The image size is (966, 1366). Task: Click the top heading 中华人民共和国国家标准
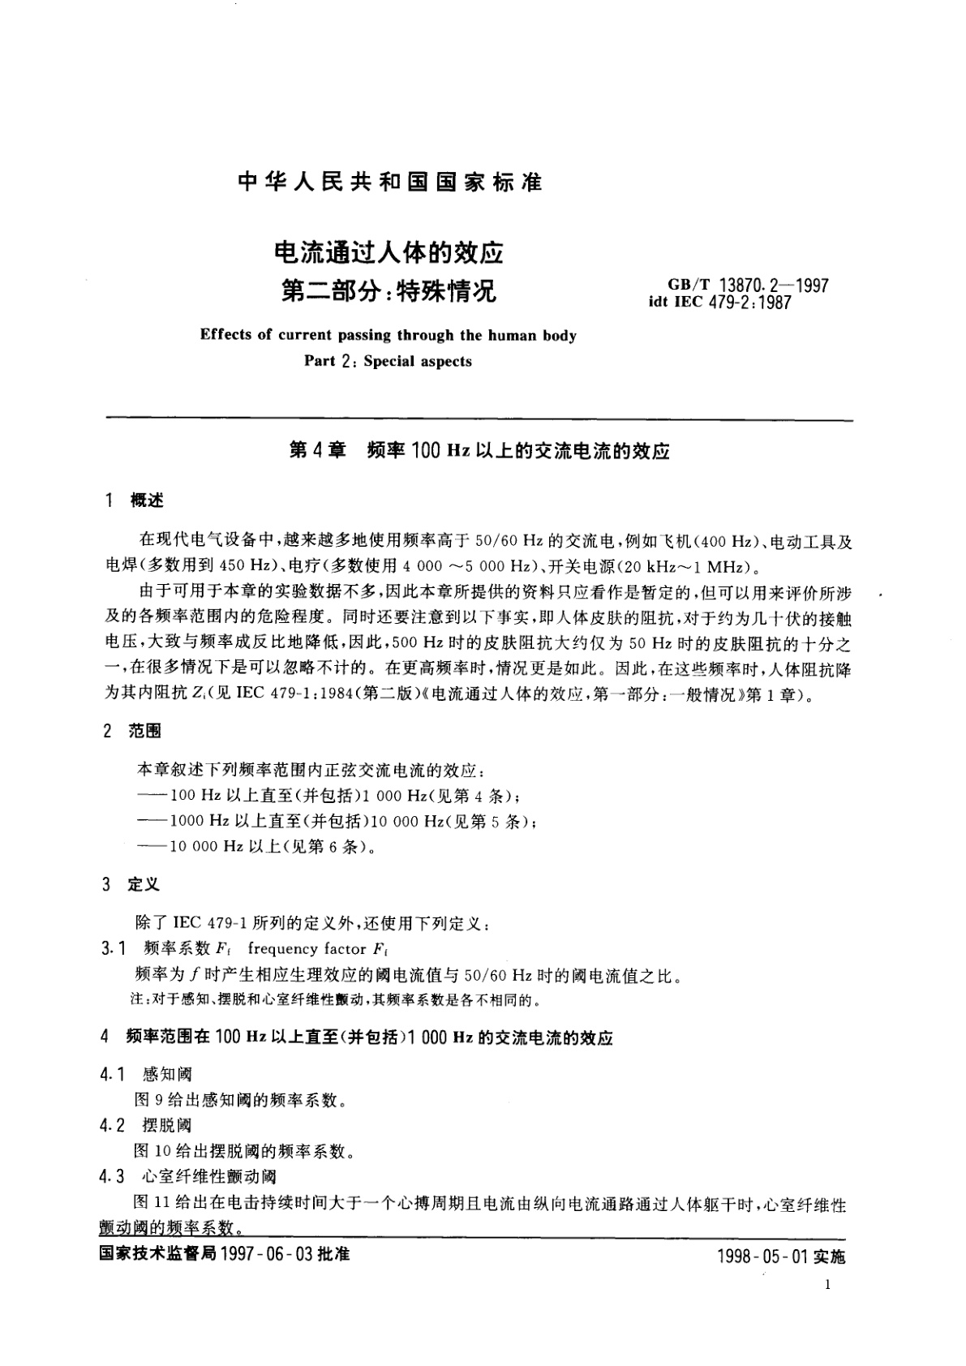389,182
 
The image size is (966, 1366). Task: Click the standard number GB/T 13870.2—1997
747,286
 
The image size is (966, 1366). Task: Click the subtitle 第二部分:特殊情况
389,290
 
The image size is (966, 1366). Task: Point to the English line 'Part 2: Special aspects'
388,362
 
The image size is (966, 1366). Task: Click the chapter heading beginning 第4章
479,451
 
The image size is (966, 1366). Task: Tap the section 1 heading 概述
147,500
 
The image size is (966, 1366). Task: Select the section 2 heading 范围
145,731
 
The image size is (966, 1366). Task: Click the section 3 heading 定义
144,884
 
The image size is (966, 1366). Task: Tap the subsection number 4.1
112,1075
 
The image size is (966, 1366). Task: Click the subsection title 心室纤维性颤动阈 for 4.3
209,1175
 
